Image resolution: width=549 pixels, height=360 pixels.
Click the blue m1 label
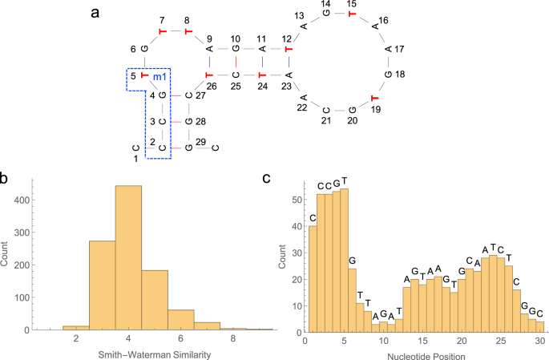[160, 76]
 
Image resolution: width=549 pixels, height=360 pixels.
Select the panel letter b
[6, 178]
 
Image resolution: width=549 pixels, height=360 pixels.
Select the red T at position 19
[374, 99]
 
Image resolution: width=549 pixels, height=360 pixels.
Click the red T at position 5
[144, 76]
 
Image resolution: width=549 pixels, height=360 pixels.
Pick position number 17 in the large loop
[400, 49]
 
